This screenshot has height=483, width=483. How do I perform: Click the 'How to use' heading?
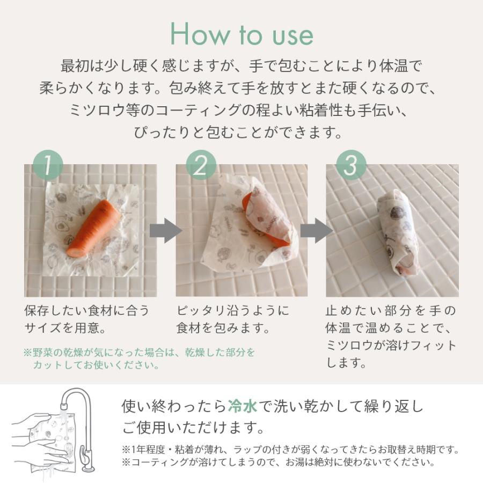(241, 34)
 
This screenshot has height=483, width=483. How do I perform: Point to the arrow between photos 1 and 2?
(165, 231)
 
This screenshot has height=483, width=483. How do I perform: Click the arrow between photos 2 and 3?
(316, 231)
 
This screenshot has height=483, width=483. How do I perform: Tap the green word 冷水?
(243, 405)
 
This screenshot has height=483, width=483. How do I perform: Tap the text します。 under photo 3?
(347, 363)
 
